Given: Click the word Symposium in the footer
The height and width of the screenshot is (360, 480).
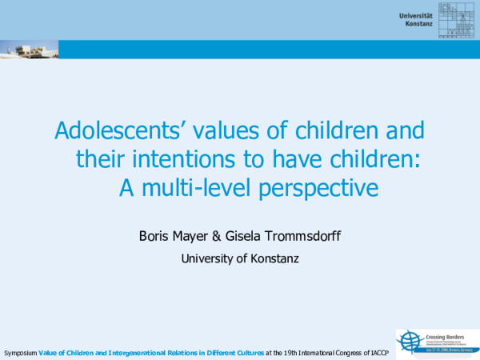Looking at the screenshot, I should (20, 353).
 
